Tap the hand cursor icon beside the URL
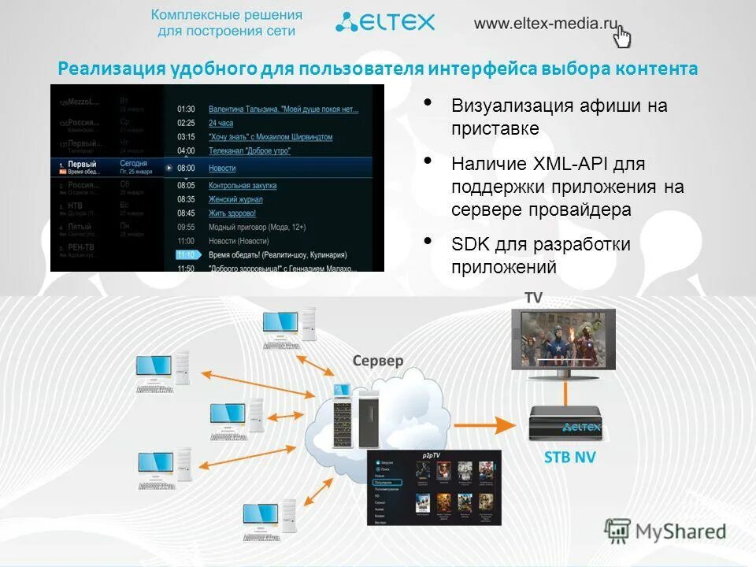point(623,36)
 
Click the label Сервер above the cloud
point(377,361)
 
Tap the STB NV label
point(570,458)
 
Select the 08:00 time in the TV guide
point(186,169)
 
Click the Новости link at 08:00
point(222,169)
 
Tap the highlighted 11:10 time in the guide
point(186,255)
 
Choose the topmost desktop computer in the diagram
point(289,328)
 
